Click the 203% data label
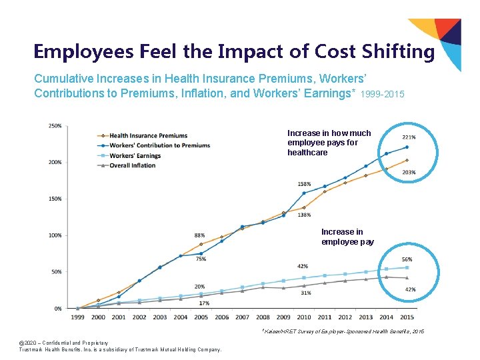(409, 173)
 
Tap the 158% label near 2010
(304, 184)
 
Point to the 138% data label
(303, 215)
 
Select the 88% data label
(199, 235)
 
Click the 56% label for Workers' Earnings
(407, 259)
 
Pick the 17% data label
(204, 303)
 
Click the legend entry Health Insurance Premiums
(148, 136)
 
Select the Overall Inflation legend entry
(132, 165)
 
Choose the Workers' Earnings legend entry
(135, 155)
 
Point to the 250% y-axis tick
(55, 126)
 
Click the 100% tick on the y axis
(55, 235)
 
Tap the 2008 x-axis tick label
(263, 317)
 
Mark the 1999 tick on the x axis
(77, 317)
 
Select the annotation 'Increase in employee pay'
(347, 237)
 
